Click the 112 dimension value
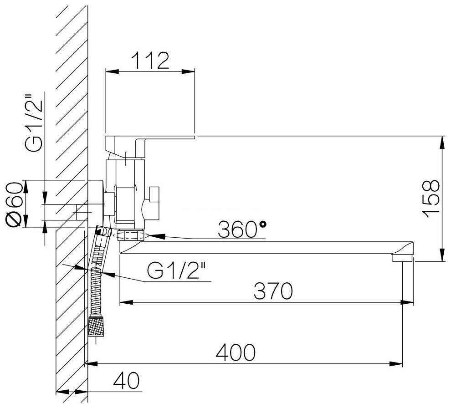coord(150,61)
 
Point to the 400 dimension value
coord(236,352)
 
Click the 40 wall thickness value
coord(126,380)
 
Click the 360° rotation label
coord(241,229)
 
